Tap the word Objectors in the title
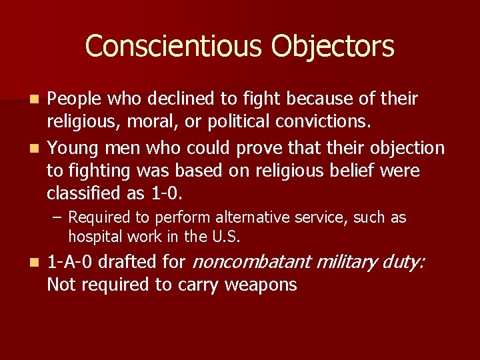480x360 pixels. (x=333, y=47)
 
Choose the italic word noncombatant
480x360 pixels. (x=252, y=262)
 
